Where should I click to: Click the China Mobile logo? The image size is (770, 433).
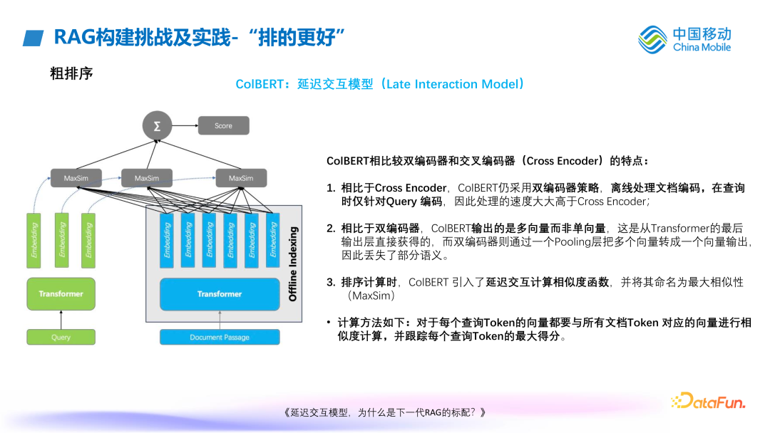point(684,39)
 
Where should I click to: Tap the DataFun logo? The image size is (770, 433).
point(708,402)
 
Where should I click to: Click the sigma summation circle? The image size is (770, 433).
point(156,125)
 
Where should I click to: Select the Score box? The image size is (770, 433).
point(223,126)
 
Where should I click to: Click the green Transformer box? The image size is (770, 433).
point(61,293)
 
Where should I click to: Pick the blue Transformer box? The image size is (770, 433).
point(220,293)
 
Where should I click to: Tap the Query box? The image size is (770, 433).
point(61,337)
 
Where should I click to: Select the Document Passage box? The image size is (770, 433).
point(220,337)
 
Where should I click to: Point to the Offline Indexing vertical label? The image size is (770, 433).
point(293,264)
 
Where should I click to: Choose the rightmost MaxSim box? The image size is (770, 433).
point(240,177)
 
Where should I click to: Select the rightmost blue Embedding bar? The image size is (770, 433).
point(272,240)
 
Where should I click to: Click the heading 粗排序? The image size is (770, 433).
point(71,73)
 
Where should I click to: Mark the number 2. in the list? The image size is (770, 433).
point(331,228)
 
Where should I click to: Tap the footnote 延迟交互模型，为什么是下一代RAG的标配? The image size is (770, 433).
point(384,412)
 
